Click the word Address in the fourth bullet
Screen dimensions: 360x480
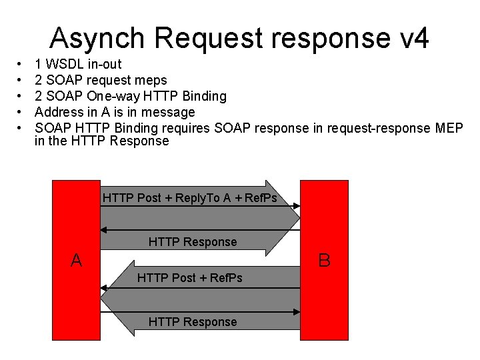click(59, 111)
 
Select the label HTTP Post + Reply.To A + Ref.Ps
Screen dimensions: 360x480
click(190, 198)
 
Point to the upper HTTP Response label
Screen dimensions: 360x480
click(193, 241)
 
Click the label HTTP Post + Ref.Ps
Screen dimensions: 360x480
click(190, 277)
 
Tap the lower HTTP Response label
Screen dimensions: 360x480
click(193, 322)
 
